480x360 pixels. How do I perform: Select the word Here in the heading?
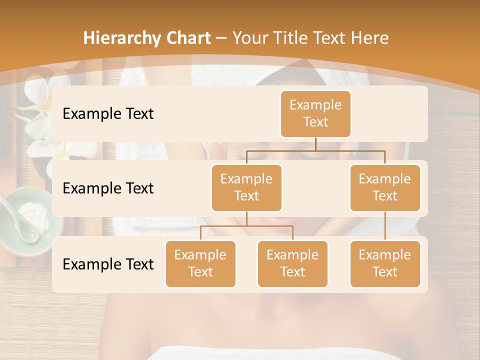(x=370, y=38)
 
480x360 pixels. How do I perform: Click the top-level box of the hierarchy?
(x=315, y=113)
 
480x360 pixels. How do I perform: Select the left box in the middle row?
(x=246, y=187)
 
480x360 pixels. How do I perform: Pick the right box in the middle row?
(x=385, y=187)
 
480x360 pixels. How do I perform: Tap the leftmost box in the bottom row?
(x=200, y=263)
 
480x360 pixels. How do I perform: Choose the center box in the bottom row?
(x=292, y=263)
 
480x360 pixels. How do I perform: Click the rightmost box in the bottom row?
(x=385, y=263)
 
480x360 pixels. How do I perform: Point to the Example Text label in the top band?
(x=108, y=113)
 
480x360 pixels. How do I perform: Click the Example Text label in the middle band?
(x=108, y=188)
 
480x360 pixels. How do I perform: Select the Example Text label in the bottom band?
(x=108, y=264)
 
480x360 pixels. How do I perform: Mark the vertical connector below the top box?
(x=315, y=144)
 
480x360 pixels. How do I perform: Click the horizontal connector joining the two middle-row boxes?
(x=315, y=150)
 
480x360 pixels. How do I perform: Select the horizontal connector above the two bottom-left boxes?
(x=246, y=226)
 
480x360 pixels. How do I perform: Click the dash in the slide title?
(x=221, y=38)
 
